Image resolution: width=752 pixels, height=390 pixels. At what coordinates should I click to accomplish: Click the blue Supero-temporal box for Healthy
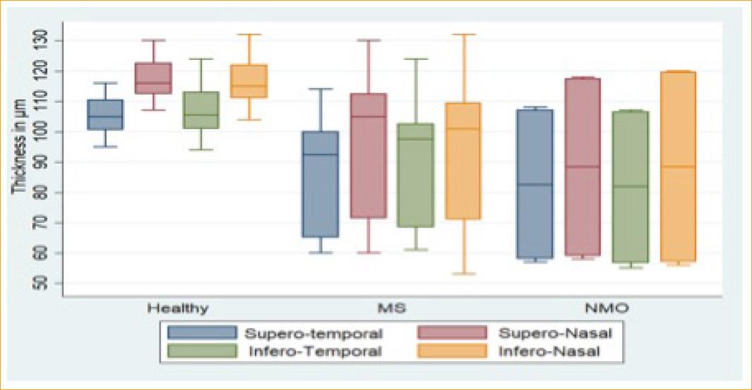tap(105, 114)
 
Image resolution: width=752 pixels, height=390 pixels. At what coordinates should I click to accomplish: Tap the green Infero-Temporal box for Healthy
tap(201, 110)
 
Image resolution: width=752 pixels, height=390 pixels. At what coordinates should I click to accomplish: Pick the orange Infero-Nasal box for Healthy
tap(249, 81)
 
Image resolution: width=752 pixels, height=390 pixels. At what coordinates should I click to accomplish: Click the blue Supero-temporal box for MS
tap(320, 183)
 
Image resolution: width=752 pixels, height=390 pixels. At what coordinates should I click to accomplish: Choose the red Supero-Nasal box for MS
tap(368, 155)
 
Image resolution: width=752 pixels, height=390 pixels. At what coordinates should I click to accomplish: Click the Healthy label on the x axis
tap(177, 308)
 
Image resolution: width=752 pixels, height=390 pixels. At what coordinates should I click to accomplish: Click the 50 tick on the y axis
tap(40, 283)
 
